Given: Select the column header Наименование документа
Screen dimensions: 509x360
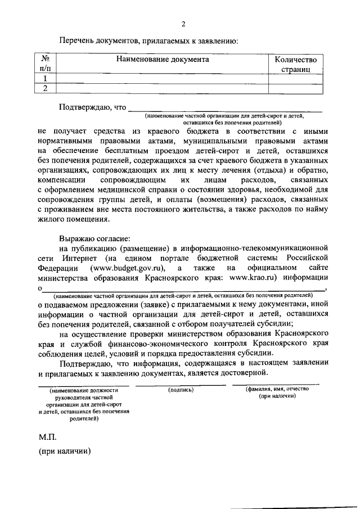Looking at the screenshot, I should [163, 59].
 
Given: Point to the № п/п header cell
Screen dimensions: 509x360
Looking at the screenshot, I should [44, 64].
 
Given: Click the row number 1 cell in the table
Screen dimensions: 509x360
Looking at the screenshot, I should [44, 79].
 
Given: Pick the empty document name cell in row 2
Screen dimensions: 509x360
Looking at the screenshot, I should [163, 88].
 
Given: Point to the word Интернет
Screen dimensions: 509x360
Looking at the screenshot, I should [76, 258].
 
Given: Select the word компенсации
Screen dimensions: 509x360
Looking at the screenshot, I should [63, 179].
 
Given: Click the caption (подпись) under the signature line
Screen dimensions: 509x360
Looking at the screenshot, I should [181, 389].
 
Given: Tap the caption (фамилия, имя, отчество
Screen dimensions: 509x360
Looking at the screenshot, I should [277, 389].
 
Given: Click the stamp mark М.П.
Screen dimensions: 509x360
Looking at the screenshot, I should [48, 436].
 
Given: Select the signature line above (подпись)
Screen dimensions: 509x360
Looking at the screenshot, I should [181, 384].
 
